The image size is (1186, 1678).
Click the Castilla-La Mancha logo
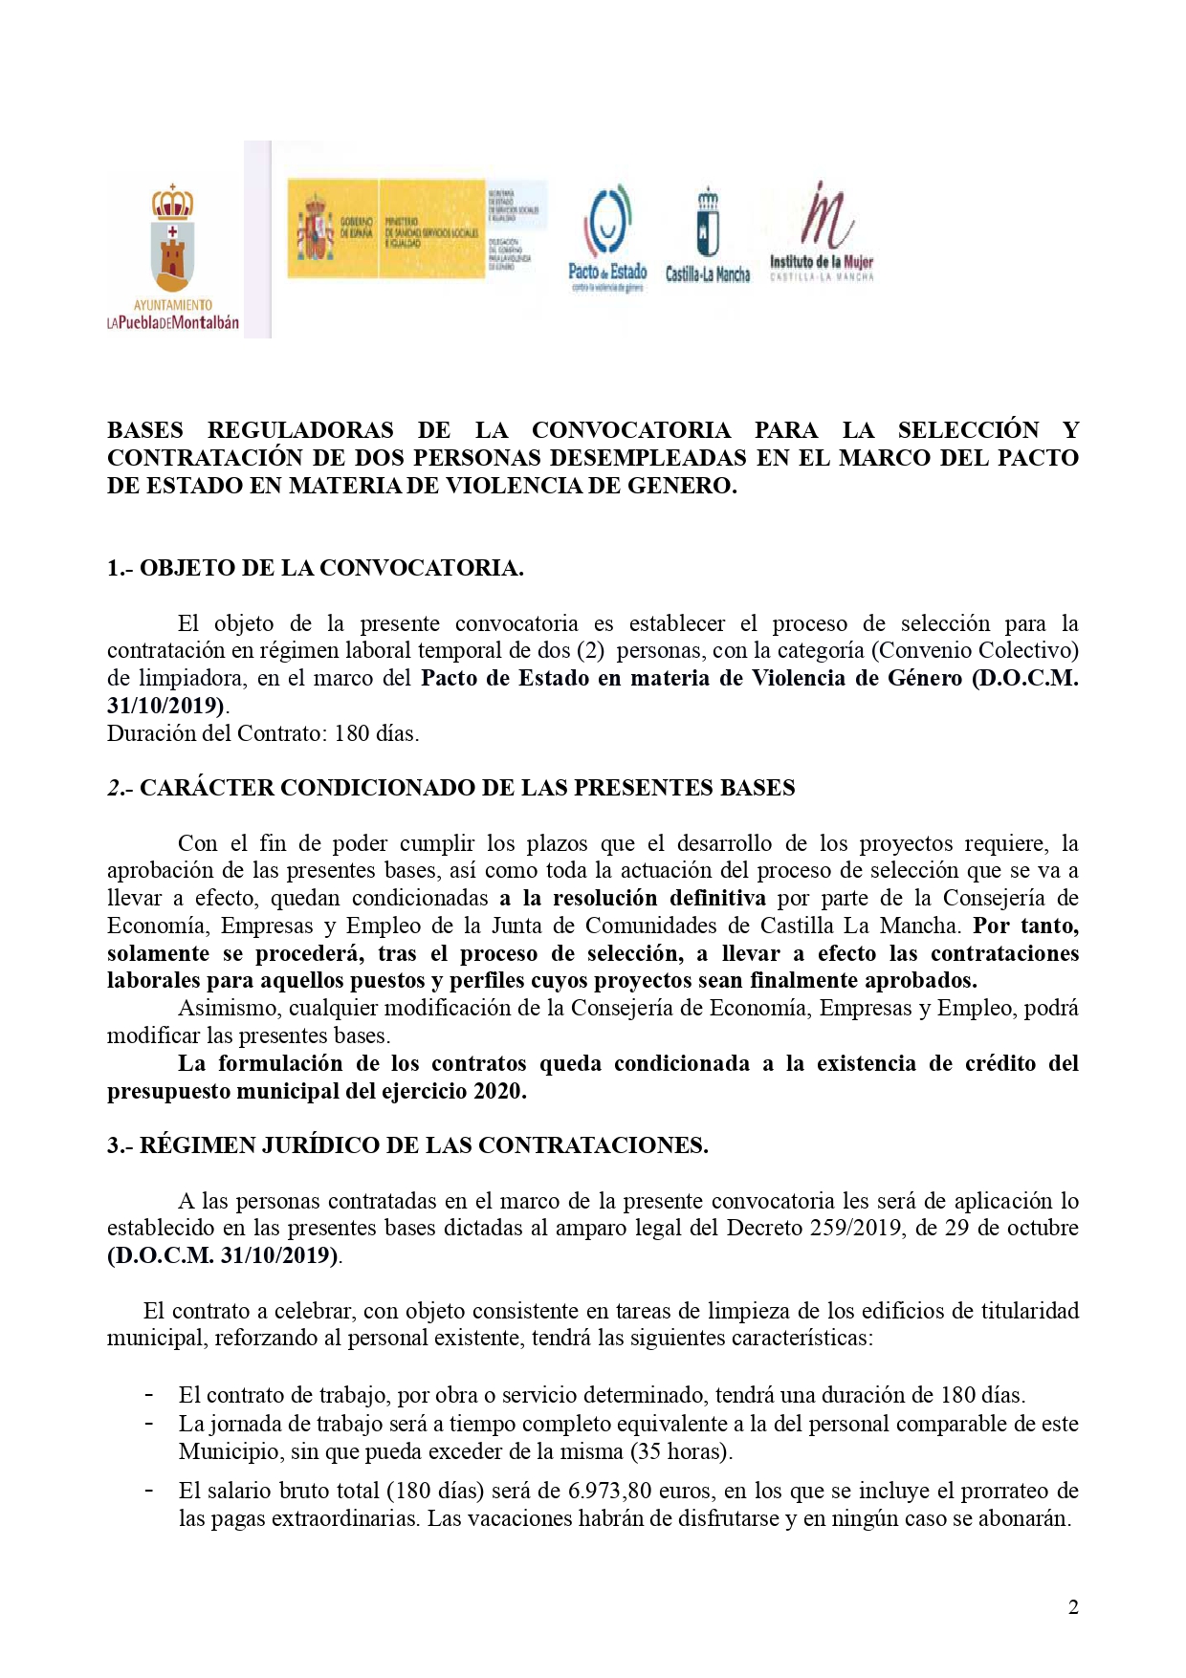click(x=708, y=235)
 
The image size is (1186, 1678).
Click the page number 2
click(x=1073, y=1607)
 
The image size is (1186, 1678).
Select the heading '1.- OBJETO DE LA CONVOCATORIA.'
click(x=315, y=568)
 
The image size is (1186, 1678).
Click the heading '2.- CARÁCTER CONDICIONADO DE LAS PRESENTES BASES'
click(x=450, y=788)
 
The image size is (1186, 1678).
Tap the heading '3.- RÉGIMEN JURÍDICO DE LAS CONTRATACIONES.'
click(x=407, y=1145)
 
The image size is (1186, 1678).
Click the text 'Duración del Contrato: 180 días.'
click(x=263, y=733)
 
